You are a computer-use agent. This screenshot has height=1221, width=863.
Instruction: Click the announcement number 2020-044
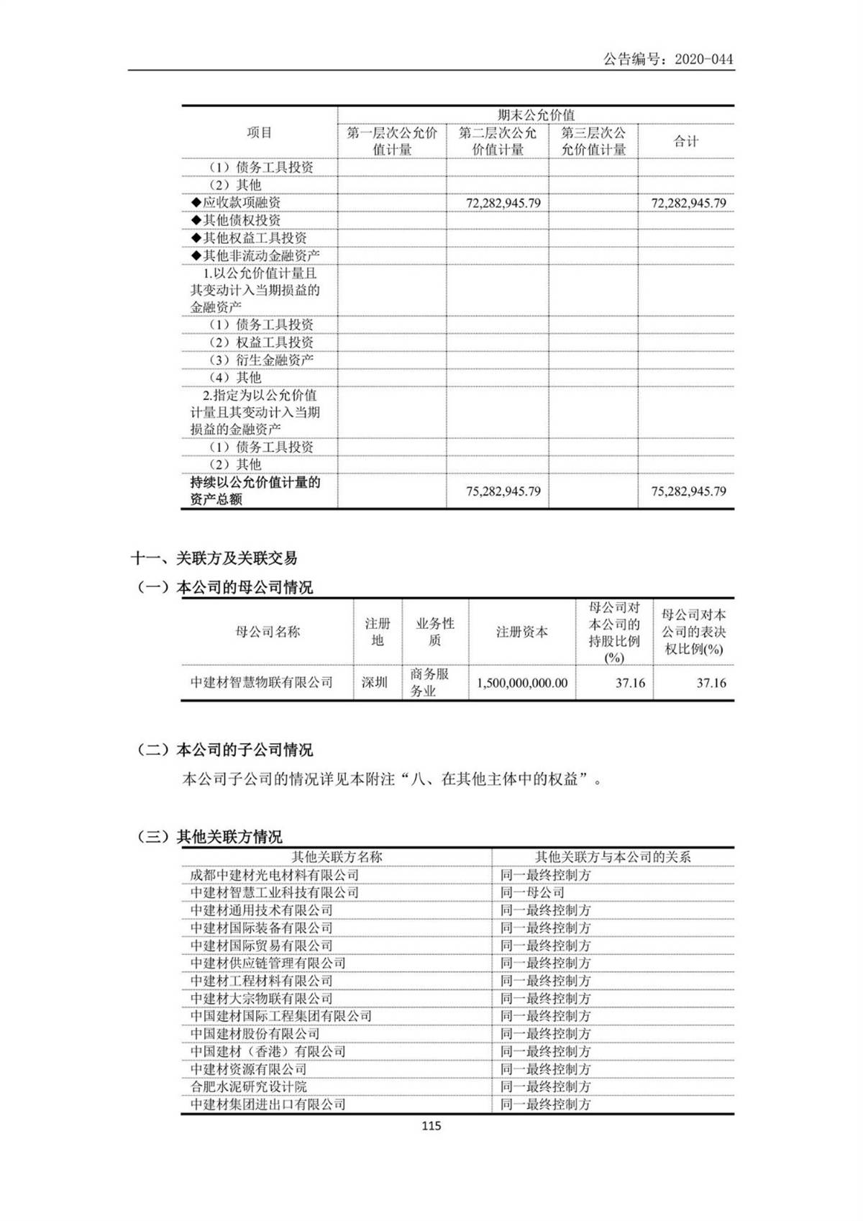pyautogui.click(x=703, y=60)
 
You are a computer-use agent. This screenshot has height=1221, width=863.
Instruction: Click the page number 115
pyautogui.click(x=431, y=1126)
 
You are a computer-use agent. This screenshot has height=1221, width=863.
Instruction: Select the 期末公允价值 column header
pyautogui.click(x=536, y=115)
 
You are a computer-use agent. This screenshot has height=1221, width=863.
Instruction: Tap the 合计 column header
pyautogui.click(x=685, y=141)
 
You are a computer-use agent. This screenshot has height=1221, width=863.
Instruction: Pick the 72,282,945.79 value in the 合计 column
pyautogui.click(x=688, y=203)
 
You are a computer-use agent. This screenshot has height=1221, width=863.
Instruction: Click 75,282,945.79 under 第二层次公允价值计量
pyautogui.click(x=503, y=491)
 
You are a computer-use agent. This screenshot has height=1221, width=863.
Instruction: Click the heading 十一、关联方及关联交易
pyautogui.click(x=214, y=558)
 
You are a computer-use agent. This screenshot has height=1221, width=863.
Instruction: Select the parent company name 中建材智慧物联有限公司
pyautogui.click(x=262, y=682)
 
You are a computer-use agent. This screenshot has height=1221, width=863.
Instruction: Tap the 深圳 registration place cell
pyautogui.click(x=375, y=682)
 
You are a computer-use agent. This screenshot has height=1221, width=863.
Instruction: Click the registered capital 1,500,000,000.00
pyautogui.click(x=522, y=683)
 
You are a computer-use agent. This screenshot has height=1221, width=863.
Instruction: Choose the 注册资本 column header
pyautogui.click(x=522, y=632)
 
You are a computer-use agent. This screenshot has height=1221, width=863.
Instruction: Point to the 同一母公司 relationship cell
pyautogui.click(x=532, y=893)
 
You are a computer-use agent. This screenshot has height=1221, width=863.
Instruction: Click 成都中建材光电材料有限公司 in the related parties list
pyautogui.click(x=275, y=875)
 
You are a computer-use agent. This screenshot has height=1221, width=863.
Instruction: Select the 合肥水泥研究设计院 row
pyautogui.click(x=249, y=1086)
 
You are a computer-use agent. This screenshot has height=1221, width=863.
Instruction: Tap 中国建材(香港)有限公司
pyautogui.click(x=268, y=1051)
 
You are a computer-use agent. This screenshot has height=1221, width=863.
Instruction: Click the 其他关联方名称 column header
pyautogui.click(x=337, y=857)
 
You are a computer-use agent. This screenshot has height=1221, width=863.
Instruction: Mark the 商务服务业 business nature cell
pyautogui.click(x=429, y=682)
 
